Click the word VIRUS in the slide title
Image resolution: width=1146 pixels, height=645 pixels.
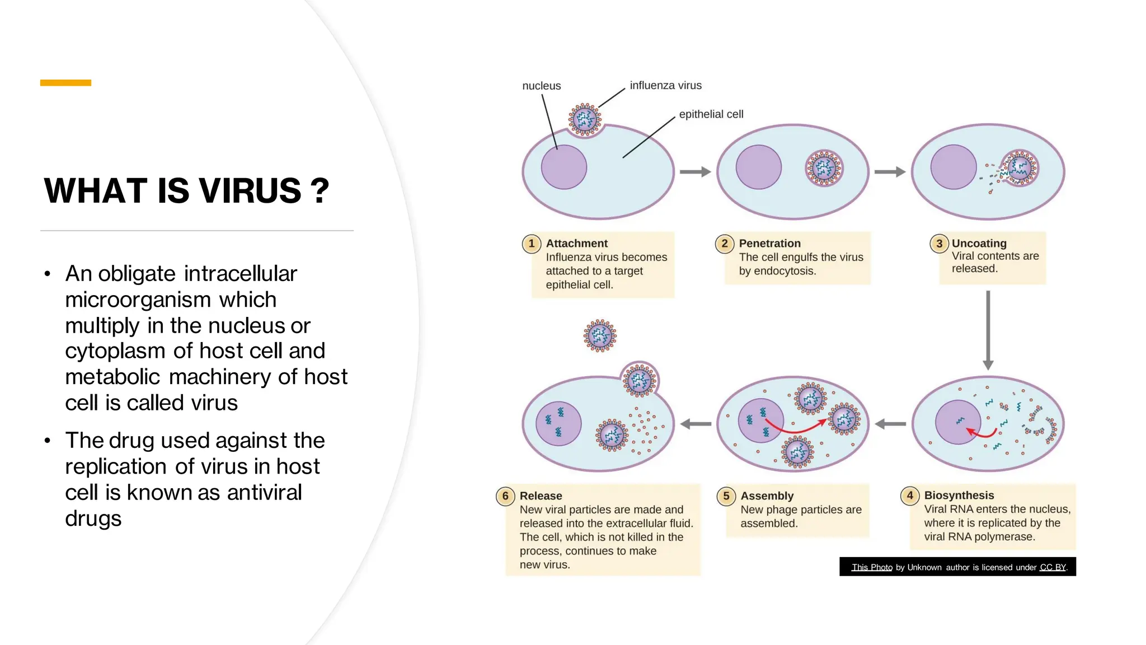coord(250,190)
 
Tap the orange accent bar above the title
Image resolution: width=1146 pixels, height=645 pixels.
coord(65,83)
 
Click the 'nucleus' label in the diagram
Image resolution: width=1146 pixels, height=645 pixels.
coord(541,86)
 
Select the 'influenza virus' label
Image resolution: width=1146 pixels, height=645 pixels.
coord(665,85)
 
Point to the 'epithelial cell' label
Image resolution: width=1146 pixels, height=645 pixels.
coord(711,114)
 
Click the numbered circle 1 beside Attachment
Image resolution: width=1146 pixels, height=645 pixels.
coord(532,244)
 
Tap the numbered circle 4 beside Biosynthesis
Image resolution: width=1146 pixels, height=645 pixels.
coord(910,496)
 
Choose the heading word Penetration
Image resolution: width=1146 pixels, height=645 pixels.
coord(769,244)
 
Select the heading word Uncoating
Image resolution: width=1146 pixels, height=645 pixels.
coord(979,244)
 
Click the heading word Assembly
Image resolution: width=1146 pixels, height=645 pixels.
coord(767,496)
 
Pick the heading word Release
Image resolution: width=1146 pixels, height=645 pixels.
coord(541,496)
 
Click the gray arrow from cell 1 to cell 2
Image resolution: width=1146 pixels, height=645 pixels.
coord(695,172)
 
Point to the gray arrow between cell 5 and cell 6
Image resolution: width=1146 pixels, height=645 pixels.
coord(696,424)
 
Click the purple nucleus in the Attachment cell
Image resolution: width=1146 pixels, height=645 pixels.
coord(563,167)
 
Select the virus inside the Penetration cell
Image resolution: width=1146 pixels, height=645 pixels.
coord(824,168)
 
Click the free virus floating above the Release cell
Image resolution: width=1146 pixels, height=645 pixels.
coord(600,336)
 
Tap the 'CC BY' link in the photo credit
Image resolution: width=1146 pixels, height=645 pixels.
coord(1053,567)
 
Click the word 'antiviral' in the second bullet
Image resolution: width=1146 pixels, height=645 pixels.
coord(264,493)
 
